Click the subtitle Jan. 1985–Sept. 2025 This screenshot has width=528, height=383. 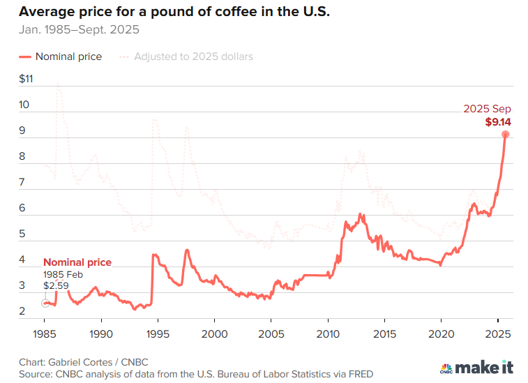80,30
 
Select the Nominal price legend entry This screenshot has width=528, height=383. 61,57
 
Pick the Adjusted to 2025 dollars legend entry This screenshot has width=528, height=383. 186,57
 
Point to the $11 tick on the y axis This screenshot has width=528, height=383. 27,79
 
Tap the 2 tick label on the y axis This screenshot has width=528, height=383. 24,311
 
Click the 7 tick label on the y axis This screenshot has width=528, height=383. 24,182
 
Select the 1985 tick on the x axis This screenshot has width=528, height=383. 44,333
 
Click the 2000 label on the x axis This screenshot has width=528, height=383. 214,333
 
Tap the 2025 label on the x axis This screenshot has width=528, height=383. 497,333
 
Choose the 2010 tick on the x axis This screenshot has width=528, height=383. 328,333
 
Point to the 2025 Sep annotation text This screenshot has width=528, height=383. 488,109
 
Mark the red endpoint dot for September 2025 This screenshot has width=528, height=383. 506,134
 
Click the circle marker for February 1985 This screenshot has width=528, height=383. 45,303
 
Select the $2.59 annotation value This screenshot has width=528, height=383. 56,286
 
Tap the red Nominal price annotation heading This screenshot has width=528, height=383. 77,262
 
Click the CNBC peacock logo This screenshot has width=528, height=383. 446,368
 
